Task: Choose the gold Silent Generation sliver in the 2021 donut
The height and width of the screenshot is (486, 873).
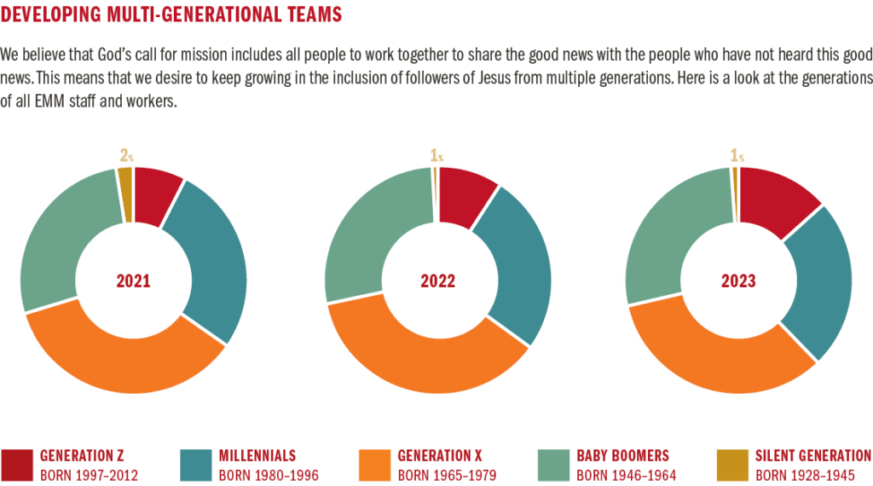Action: click(125, 182)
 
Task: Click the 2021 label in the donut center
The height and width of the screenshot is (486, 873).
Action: click(133, 281)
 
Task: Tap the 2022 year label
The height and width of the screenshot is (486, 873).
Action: click(437, 281)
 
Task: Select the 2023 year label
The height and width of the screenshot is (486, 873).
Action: click(738, 281)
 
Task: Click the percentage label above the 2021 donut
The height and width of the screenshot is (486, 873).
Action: click(126, 155)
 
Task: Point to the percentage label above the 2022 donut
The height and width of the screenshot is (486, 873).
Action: click(435, 155)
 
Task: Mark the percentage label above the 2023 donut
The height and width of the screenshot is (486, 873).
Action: click(736, 155)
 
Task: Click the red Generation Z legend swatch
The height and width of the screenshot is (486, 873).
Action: click(17, 465)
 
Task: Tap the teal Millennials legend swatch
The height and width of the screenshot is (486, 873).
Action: click(196, 465)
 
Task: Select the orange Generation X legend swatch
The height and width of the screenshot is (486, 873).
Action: click(375, 465)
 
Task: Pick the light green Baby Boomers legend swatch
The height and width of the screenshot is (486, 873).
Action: click(554, 465)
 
